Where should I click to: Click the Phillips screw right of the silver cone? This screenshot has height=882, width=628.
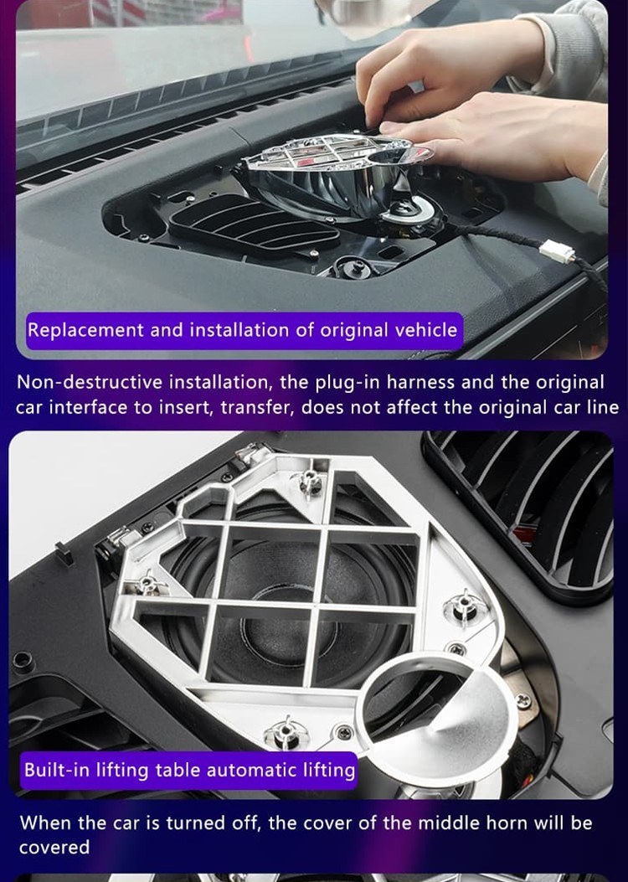(522, 701)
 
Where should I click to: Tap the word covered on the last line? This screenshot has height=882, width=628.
(54, 847)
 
